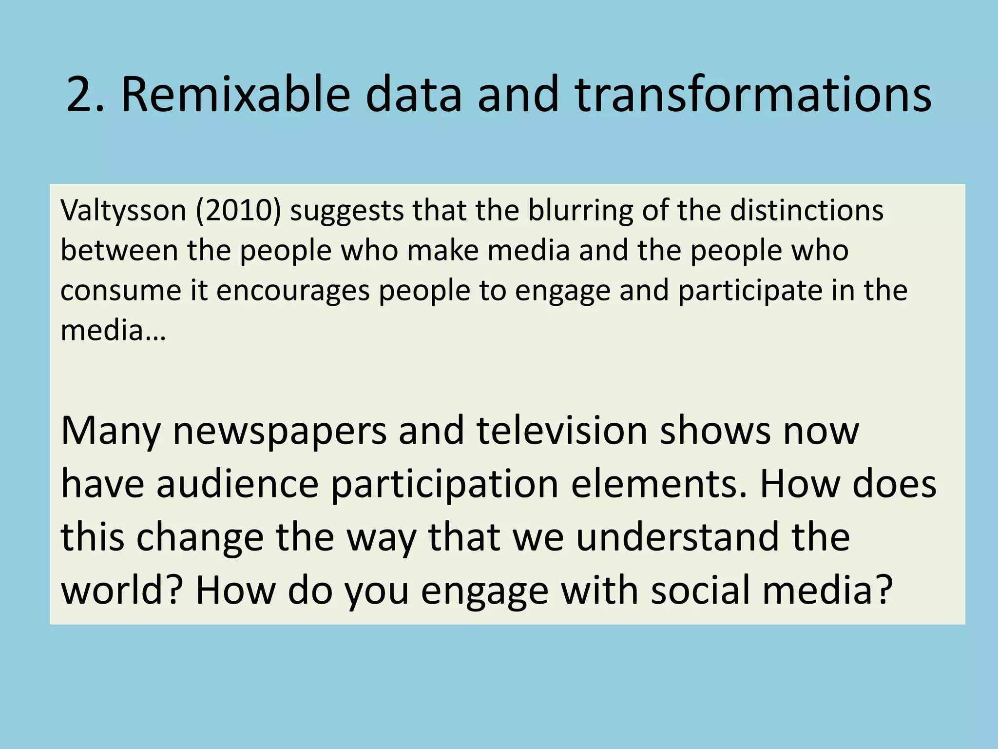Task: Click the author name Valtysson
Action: [x=123, y=211]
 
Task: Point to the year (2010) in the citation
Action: [x=238, y=211]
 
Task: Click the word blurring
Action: [x=581, y=211]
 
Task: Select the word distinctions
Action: [x=806, y=211]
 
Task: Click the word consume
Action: [x=121, y=291]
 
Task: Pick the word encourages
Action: [x=293, y=291]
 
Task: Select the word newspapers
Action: [x=280, y=432]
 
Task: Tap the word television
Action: [x=562, y=432]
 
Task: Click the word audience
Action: [x=237, y=485]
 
